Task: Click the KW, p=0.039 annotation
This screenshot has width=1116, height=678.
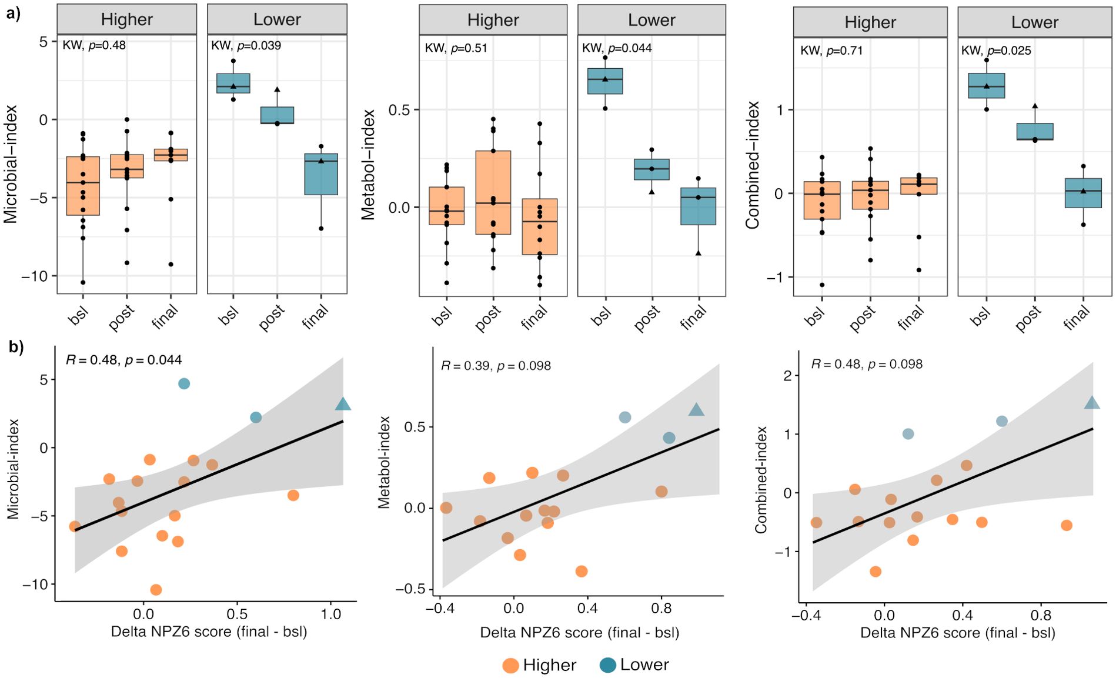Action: coord(246,45)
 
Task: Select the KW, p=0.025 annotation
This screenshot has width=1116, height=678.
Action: coord(996,51)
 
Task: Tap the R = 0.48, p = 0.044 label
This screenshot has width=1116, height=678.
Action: coord(123,360)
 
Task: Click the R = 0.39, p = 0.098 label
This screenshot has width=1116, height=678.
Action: coord(496,366)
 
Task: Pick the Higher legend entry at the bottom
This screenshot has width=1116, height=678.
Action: coord(539,665)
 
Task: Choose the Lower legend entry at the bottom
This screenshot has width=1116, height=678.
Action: coord(634,665)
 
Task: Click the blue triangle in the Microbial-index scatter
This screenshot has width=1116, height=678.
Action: coord(343,404)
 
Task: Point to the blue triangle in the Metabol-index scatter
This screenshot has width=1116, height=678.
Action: coord(696,410)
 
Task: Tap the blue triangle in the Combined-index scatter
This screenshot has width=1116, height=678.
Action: coord(1092,403)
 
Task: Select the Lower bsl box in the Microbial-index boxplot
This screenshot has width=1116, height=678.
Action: coord(233,84)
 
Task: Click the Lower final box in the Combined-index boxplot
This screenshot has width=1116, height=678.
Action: coord(1083,193)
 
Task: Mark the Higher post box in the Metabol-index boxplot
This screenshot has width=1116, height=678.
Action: coord(493,193)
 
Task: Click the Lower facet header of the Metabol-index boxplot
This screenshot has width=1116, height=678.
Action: coord(651,20)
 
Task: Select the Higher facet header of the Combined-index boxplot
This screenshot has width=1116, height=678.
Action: coord(870,22)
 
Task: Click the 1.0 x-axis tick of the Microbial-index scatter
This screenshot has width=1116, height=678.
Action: coord(331,614)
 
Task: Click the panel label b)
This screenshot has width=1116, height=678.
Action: coord(16,347)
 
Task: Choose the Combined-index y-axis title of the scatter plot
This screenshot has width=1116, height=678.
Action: coord(761,480)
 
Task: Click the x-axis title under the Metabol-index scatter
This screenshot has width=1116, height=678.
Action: coord(580,633)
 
